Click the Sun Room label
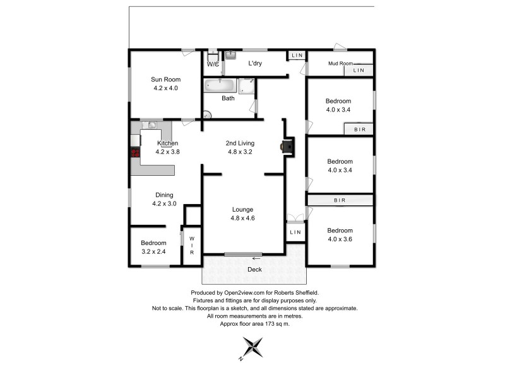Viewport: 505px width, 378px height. (x=165, y=79)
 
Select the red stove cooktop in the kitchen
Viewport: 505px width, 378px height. (x=134, y=152)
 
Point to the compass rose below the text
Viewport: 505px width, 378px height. (x=252, y=347)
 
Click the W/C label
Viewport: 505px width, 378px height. (x=213, y=64)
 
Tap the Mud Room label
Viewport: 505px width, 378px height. (x=340, y=63)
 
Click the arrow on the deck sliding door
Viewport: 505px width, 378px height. (x=256, y=258)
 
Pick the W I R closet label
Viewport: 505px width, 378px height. (x=193, y=246)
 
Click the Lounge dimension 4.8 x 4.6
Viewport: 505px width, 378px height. (x=242, y=218)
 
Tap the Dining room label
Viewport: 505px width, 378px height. (x=163, y=195)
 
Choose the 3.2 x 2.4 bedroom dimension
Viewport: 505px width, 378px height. (x=153, y=251)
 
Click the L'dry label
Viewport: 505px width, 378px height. (x=255, y=63)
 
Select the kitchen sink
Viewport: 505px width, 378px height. (x=151, y=125)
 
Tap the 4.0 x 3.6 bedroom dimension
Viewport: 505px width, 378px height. (x=340, y=239)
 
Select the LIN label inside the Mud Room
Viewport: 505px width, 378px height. (x=359, y=71)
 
